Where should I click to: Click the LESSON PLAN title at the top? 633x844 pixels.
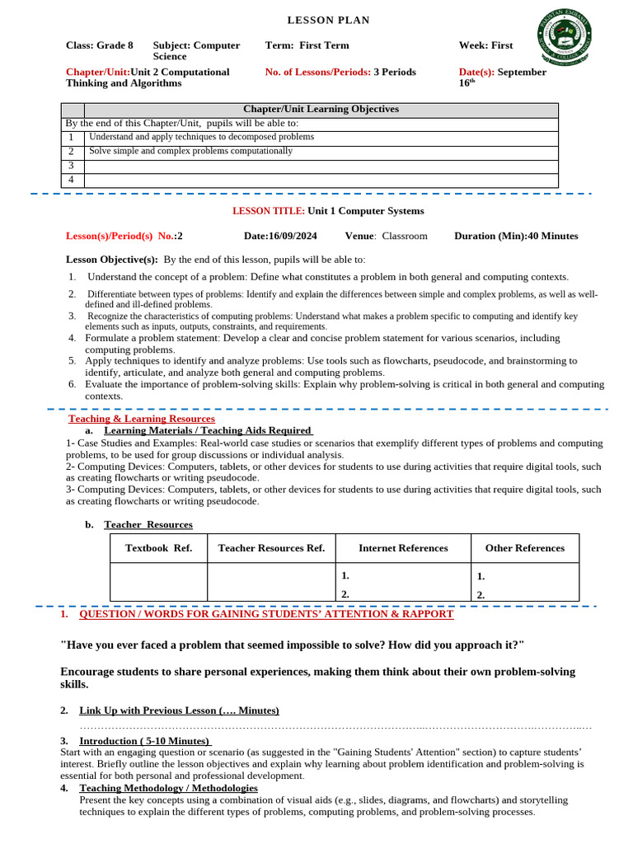(x=328, y=20)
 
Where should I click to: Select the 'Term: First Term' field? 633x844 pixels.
(x=307, y=45)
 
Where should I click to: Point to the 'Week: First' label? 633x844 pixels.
(x=485, y=45)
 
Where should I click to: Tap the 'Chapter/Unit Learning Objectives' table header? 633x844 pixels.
(x=321, y=110)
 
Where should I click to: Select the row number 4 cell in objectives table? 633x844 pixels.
(x=73, y=180)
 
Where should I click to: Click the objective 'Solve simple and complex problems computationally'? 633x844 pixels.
(x=190, y=152)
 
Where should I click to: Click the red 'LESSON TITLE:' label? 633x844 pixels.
(x=269, y=211)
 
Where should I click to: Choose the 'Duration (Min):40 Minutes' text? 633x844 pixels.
(x=516, y=236)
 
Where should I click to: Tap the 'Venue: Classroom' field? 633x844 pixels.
(x=386, y=236)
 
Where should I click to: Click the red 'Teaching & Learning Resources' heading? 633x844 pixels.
(x=141, y=419)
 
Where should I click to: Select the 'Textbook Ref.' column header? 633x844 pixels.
(x=158, y=548)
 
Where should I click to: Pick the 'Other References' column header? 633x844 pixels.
(x=524, y=548)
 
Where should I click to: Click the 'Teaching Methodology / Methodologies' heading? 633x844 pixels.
(x=168, y=788)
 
